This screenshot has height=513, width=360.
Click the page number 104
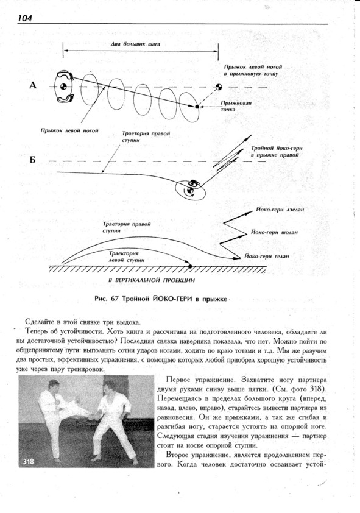(25, 18)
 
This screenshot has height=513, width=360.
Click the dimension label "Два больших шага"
(135, 44)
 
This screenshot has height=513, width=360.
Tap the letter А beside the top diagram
(33, 85)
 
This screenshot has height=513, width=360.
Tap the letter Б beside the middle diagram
(32, 160)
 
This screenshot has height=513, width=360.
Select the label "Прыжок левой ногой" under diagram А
(69, 130)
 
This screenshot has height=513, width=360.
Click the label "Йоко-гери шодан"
(274, 232)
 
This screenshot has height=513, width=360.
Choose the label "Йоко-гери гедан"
(267, 256)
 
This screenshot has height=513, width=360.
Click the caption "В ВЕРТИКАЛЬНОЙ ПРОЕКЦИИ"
(152, 280)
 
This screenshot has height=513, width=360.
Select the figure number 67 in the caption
(114, 299)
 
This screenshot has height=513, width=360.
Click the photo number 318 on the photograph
(29, 461)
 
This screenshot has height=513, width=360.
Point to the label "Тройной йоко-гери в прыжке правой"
(277, 152)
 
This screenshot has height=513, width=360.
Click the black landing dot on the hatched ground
(190, 267)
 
